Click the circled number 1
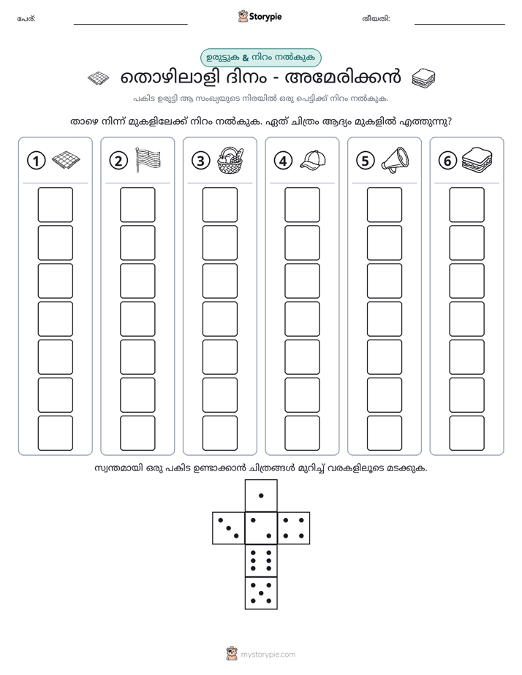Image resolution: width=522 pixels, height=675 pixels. [36, 161]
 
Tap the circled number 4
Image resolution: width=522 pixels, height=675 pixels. [283, 161]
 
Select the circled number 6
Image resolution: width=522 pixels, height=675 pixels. [447, 161]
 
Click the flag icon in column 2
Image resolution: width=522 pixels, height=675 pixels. [148, 160]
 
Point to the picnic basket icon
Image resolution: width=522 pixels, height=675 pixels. [230, 160]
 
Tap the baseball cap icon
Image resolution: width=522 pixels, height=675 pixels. [313, 160]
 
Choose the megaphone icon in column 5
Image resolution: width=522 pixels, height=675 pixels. [395, 160]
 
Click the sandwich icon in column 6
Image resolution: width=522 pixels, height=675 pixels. [477, 160]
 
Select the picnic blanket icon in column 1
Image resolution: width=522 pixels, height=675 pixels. [66, 160]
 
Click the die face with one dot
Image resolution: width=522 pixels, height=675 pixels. [261, 496]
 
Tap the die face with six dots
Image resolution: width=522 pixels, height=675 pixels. [261, 560]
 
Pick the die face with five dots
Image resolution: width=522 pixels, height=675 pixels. [261, 592]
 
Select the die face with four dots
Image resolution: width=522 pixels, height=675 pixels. [294, 528]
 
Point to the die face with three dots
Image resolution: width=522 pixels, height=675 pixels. [229, 528]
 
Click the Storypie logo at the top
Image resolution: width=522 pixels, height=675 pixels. [260, 17]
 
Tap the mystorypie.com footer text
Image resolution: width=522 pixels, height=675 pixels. [268, 655]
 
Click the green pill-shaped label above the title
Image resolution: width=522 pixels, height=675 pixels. [260, 58]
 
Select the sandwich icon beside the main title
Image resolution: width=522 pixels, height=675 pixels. [423, 78]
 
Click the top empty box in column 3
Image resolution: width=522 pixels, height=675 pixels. [219, 205]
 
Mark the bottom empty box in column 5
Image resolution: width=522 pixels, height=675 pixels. [384, 433]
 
